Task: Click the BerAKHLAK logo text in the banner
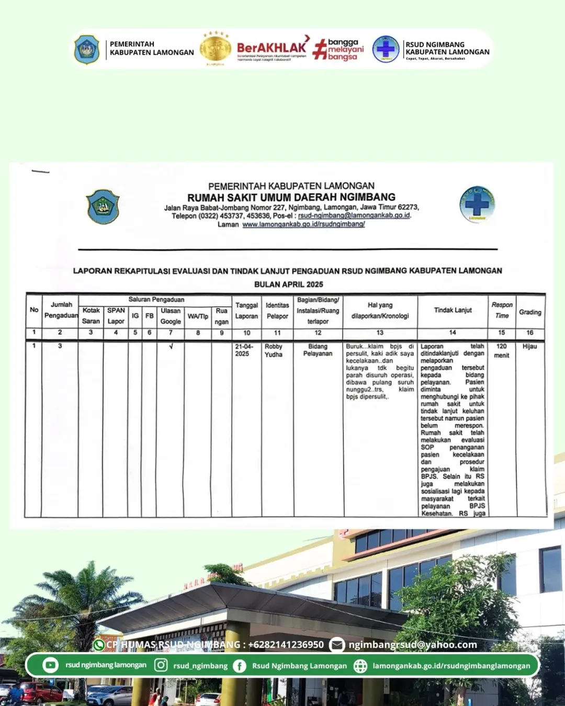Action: coord(272,48)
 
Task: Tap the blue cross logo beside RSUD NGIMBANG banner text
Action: coord(386,49)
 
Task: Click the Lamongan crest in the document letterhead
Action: coord(103,207)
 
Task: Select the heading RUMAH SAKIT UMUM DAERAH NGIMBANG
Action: coord(291,197)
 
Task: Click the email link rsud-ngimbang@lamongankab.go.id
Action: coord(354,215)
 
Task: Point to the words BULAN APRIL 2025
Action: coord(288,284)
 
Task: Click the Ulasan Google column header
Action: coord(171,316)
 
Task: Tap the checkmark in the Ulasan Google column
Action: coord(171,346)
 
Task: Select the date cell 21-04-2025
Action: coord(244,350)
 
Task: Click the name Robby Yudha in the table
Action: coord(274,350)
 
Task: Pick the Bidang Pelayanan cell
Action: coord(318,350)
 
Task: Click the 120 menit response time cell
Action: coord(502,350)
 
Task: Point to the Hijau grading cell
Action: coord(529,346)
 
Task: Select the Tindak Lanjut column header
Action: coord(453,310)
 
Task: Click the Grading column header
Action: coord(530,312)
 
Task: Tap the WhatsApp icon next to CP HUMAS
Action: coord(98,645)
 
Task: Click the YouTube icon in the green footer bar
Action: coord(51,665)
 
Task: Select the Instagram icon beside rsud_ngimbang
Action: coord(161,665)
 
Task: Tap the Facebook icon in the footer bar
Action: coord(240,666)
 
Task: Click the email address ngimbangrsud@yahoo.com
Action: coord(413,645)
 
